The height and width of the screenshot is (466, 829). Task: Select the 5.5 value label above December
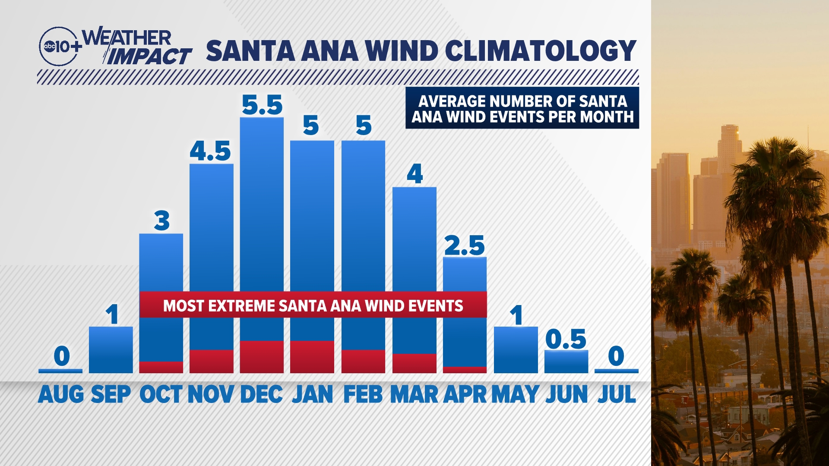pyautogui.click(x=262, y=105)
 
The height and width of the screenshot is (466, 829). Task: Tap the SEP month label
pyautogui.click(x=111, y=394)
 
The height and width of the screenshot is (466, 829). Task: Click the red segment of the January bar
pyautogui.click(x=312, y=357)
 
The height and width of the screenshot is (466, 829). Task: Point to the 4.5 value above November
pyautogui.click(x=211, y=151)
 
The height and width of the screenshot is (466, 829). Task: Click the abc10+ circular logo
pyautogui.click(x=59, y=47)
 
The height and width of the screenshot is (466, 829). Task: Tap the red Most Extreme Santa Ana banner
pyautogui.click(x=313, y=305)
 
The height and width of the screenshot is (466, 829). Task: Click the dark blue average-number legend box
pyautogui.click(x=522, y=108)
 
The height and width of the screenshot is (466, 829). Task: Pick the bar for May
pyautogui.click(x=516, y=349)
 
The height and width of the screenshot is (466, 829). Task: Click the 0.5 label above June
pyautogui.click(x=566, y=339)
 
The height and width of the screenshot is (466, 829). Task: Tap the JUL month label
pyautogui.click(x=617, y=394)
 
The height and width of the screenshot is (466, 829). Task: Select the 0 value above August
pyautogui.click(x=62, y=356)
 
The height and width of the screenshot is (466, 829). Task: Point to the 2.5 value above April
pyautogui.click(x=465, y=246)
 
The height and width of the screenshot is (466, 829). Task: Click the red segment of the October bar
pyautogui.click(x=161, y=367)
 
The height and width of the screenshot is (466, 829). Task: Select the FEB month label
pyautogui.click(x=363, y=394)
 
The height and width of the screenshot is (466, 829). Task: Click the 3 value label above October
pyautogui.click(x=162, y=221)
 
